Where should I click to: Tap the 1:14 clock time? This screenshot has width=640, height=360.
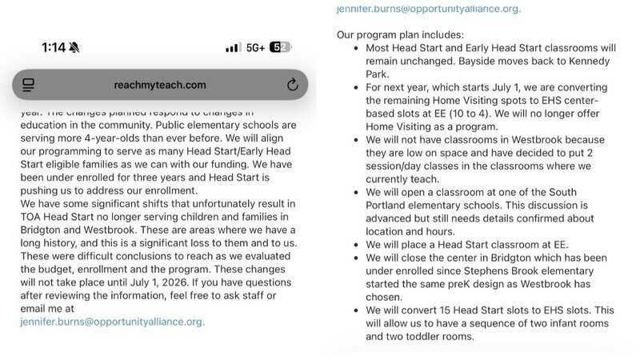(53, 48)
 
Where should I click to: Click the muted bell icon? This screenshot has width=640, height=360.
(74, 48)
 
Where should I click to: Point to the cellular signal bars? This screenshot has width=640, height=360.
(233, 48)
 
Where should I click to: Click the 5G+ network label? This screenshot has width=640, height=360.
(256, 48)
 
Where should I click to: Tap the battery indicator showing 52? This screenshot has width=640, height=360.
(280, 48)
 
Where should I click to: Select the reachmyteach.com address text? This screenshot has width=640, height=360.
(160, 85)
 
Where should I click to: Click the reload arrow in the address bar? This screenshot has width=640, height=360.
(292, 85)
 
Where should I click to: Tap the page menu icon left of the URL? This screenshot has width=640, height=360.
(29, 85)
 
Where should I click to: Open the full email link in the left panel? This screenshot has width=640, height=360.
(112, 322)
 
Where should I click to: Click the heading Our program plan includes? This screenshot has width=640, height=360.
(400, 35)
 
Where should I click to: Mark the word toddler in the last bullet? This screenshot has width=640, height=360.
(432, 336)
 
